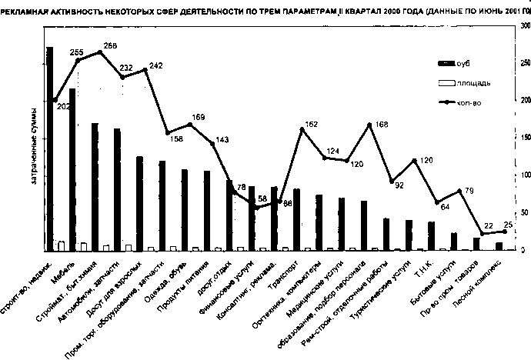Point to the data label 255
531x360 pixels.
[76, 53]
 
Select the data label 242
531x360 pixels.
[156, 66]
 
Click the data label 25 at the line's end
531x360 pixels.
[509, 224]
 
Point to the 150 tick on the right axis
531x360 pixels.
[524, 138]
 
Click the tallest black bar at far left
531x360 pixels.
[49, 146]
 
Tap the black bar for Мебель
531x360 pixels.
[72, 169]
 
